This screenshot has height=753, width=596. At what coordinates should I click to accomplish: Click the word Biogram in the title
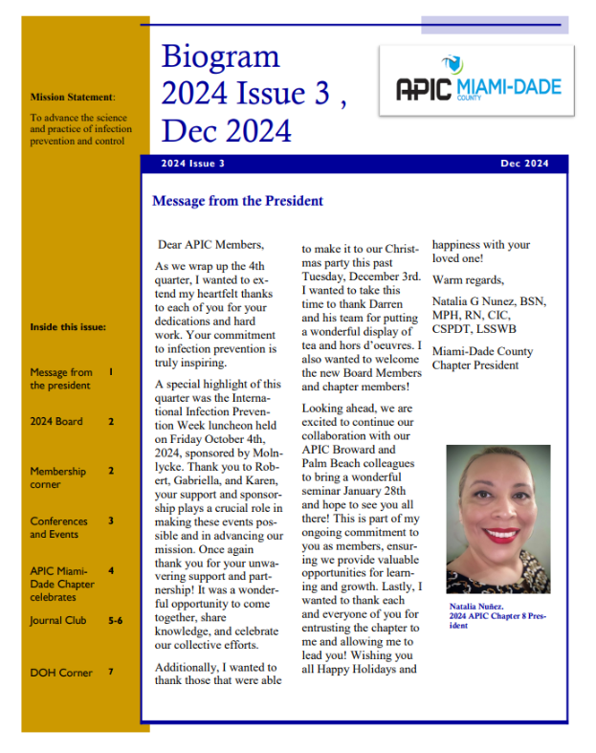click(x=220, y=56)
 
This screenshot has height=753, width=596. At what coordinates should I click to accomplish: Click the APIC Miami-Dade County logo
click(x=478, y=89)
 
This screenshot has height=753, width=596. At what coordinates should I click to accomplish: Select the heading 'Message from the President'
click(x=237, y=201)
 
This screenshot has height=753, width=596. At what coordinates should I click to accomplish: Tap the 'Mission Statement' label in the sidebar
click(x=72, y=97)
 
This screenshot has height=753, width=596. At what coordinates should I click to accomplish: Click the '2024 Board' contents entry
click(x=56, y=421)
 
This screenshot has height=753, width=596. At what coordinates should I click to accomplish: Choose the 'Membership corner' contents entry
click(x=57, y=477)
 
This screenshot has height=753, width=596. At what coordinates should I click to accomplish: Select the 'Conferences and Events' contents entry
click(x=59, y=527)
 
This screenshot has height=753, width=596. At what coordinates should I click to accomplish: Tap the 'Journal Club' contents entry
click(x=58, y=620)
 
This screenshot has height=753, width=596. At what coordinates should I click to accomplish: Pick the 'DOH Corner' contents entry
click(x=61, y=673)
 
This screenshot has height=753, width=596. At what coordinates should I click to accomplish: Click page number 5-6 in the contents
click(x=115, y=620)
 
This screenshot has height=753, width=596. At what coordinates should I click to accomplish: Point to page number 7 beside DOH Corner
click(x=111, y=672)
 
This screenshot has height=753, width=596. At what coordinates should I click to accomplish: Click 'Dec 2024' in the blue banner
click(x=524, y=164)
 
